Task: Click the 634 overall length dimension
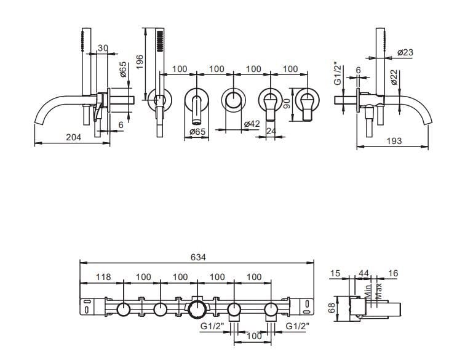pos(198,257)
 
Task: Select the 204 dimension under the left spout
pos(74,137)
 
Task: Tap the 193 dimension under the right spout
pos(394,141)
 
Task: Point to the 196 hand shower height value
pos(140,62)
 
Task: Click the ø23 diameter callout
pos(405,52)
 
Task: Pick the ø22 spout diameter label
pos(394,78)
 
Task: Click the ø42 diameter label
pos(252,124)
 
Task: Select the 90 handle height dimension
pos(287,103)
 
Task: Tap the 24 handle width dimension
pos(271,131)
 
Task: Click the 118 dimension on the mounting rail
pos(103,277)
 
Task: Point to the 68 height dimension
pos(332,308)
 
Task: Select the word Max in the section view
pos(378,291)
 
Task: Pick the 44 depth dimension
pos(364,273)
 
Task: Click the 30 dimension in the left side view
pos(103,48)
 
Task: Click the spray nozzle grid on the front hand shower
pos(160,41)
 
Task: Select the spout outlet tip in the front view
pos(196,122)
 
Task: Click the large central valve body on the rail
pos(197,310)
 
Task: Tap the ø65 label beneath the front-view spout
pos(197,132)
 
